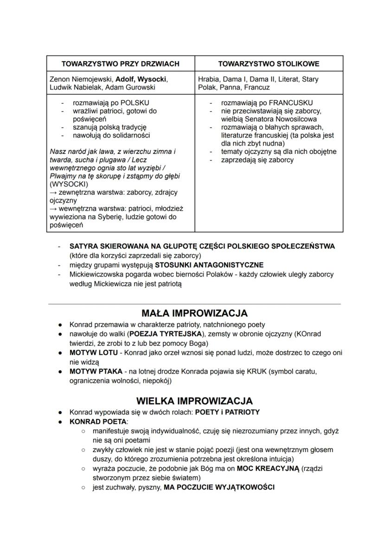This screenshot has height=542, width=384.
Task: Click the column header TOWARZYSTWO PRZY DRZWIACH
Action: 121,64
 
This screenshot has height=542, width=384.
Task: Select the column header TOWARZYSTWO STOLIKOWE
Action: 269,64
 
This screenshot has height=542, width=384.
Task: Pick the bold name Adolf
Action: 125,79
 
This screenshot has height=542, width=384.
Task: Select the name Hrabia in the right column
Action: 210,79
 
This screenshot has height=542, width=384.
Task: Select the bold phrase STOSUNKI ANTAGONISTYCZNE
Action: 209,265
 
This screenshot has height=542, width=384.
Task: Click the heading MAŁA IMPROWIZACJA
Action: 194,313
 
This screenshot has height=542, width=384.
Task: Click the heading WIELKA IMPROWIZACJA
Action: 194,401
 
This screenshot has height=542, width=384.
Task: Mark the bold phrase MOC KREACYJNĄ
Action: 268,468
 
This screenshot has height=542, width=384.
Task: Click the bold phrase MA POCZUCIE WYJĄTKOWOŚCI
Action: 219,487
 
